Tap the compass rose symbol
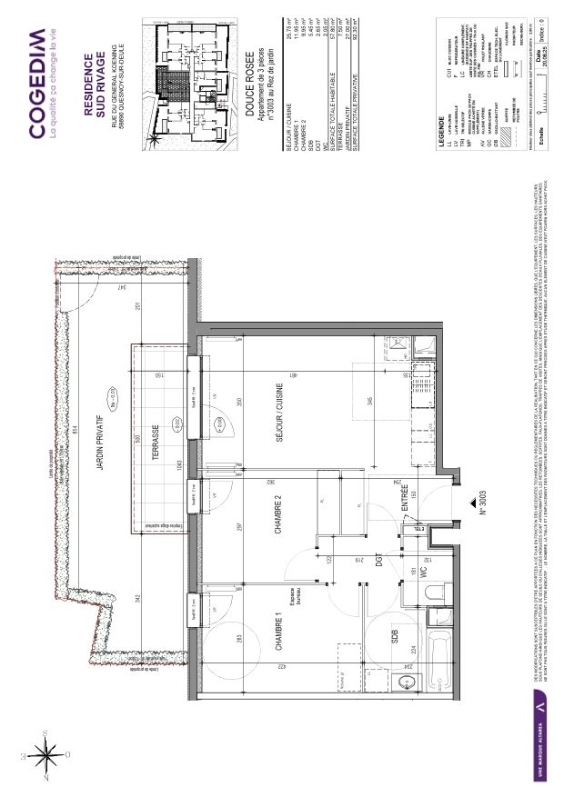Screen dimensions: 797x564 (42, 752)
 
